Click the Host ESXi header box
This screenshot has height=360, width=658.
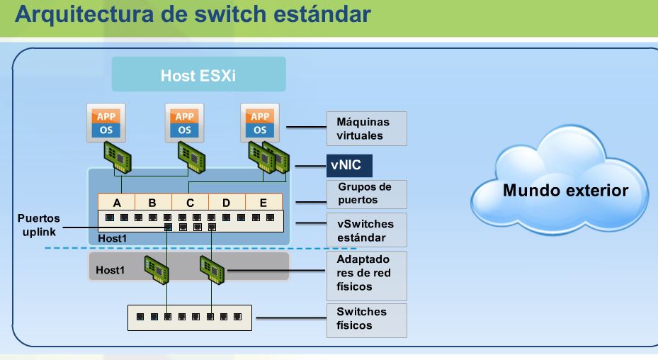198,74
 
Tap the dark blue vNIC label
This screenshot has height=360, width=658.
348,167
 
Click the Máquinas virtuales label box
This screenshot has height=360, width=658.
366,128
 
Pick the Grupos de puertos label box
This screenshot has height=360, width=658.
366,193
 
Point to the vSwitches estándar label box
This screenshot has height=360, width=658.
366,230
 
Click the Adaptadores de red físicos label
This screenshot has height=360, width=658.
366,273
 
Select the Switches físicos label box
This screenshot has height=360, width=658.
366,318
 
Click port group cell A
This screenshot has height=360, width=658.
116,202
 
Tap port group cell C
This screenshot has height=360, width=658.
190,202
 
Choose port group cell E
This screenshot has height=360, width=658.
263,202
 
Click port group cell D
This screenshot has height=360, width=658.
227,202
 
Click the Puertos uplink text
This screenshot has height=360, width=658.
39,224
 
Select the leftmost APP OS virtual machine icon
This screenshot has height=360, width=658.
106,122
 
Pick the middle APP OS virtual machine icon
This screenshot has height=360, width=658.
183,122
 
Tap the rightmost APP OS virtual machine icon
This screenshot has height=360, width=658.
259,122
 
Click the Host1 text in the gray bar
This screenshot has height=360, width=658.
110,270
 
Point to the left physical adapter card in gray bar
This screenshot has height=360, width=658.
157,268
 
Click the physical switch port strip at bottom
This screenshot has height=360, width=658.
189,317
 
